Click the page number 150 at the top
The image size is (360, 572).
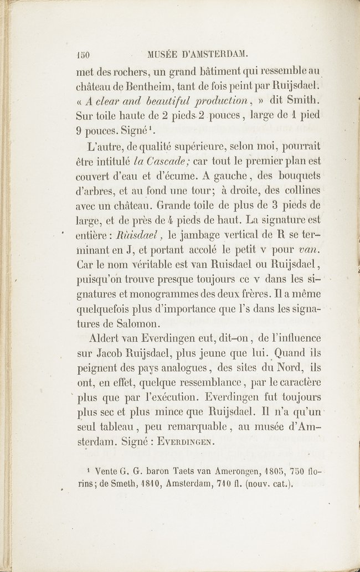point(83,55)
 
